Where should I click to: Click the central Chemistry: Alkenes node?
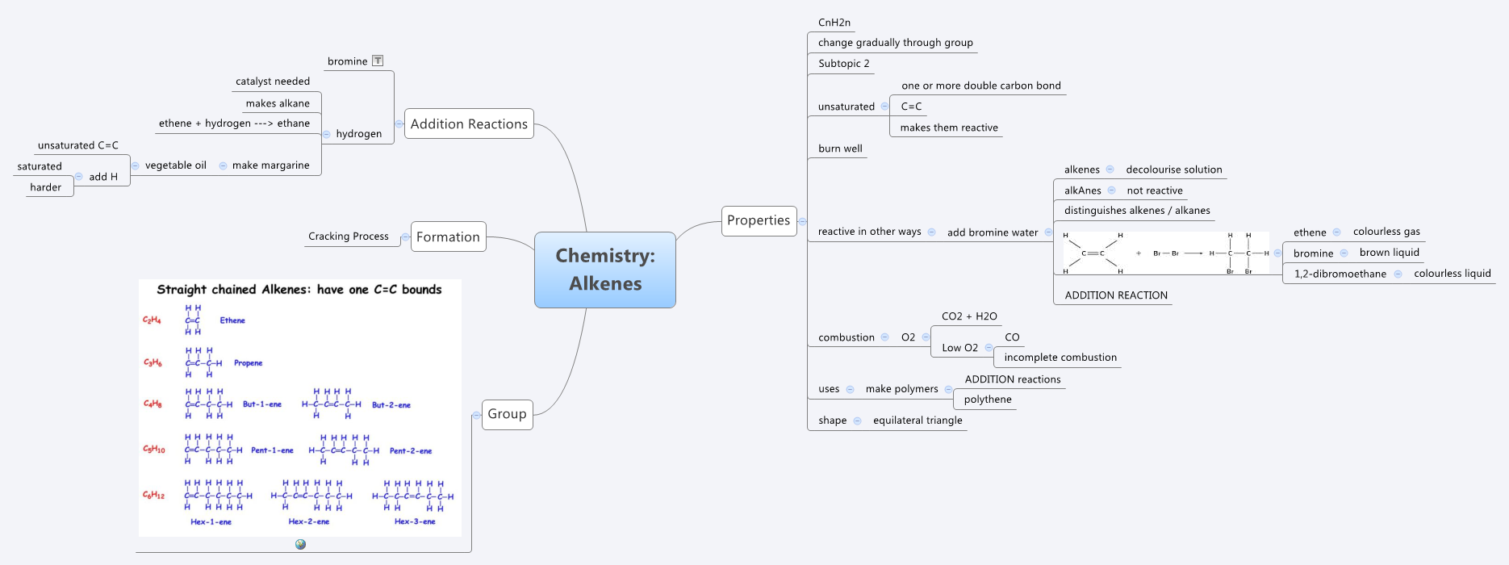[605, 270]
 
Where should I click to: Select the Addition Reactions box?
[469, 123]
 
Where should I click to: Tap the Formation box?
[448, 236]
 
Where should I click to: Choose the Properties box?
[759, 220]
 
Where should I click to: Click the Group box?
[507, 414]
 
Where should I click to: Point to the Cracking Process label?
[349, 236]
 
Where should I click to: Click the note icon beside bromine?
[378, 61]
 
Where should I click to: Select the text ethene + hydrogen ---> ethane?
[234, 123]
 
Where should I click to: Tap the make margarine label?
[271, 165]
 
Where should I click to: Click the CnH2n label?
[834, 23]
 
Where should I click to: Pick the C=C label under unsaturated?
[911, 107]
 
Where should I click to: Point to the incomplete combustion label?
[1060, 358]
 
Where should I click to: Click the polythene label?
[988, 400]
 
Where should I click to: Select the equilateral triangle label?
[918, 421]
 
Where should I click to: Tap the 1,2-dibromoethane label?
[1340, 274]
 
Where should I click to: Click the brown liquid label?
[1389, 253]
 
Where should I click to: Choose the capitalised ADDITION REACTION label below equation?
[1116, 295]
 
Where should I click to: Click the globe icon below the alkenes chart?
[300, 545]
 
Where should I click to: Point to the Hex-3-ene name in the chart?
[415, 521]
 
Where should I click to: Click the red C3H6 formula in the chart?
[153, 362]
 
